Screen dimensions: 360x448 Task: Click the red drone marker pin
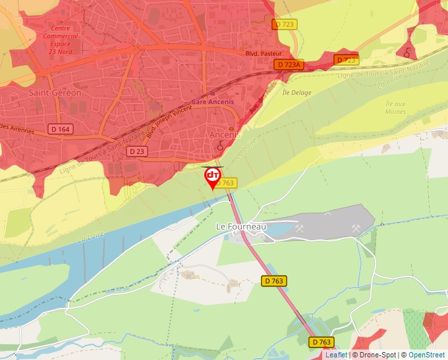(213, 177)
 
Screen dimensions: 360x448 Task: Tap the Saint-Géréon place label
(55, 93)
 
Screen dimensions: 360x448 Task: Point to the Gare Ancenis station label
(212, 102)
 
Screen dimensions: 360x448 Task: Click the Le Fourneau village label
(240, 226)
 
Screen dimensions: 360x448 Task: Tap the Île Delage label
(296, 93)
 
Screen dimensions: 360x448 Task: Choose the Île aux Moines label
(395, 107)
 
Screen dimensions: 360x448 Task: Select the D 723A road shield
(289, 64)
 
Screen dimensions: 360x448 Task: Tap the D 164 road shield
(60, 129)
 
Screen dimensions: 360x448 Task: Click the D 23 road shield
(137, 151)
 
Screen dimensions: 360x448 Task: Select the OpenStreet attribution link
(428, 355)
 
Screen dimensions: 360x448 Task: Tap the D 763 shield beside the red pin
(227, 183)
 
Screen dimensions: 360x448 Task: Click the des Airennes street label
(16, 129)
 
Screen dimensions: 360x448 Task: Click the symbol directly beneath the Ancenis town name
(220, 146)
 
